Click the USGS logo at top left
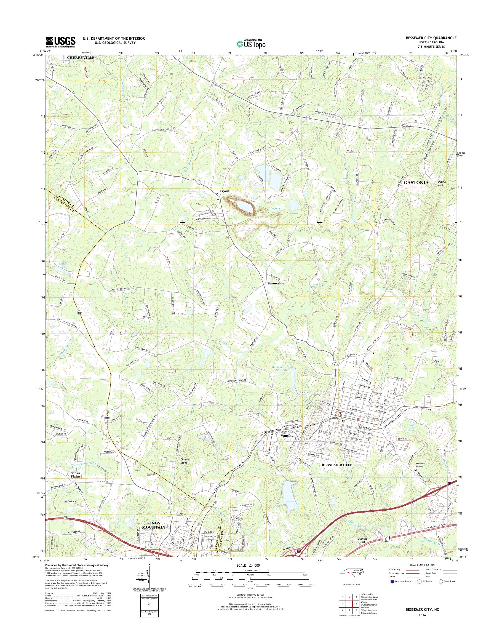click(60, 42)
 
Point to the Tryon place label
click(224, 191)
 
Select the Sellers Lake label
click(63, 265)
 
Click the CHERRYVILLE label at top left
click(81, 58)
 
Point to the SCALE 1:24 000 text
click(248, 565)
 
